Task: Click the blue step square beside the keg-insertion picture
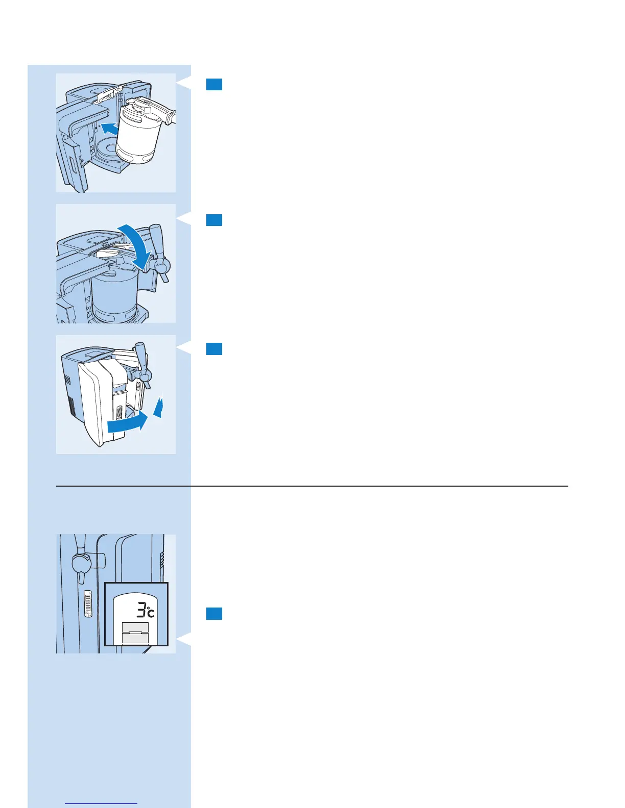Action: (x=214, y=84)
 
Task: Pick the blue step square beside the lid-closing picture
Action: (x=214, y=220)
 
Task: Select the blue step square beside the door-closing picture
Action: (x=214, y=348)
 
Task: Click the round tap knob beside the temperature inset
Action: (x=81, y=563)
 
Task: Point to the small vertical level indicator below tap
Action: (x=88, y=604)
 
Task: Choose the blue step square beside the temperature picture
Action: (x=214, y=614)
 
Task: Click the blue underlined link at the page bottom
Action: (x=102, y=803)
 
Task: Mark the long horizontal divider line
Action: (x=311, y=486)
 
